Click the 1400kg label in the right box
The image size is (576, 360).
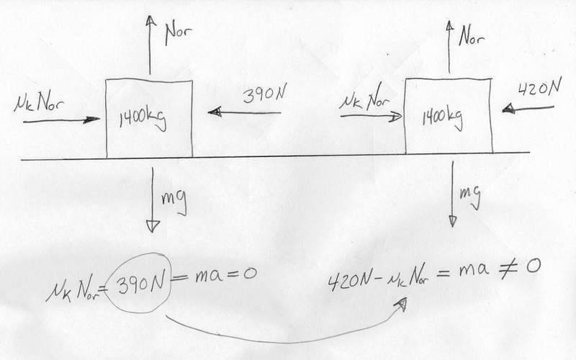click(x=442, y=117)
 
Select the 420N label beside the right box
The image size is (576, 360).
click(x=539, y=88)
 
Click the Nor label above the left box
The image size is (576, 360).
click(x=178, y=34)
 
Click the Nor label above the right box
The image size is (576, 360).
click(x=472, y=36)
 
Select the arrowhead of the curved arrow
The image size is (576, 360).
click(x=402, y=303)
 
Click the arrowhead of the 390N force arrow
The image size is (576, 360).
click(x=215, y=112)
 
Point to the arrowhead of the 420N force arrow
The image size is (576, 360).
click(x=508, y=109)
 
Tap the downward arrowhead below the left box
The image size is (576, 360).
click(x=153, y=226)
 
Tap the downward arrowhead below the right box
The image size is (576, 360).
click(x=453, y=221)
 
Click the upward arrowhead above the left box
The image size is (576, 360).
click(x=150, y=20)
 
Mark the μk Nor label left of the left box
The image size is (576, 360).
click(x=39, y=104)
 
